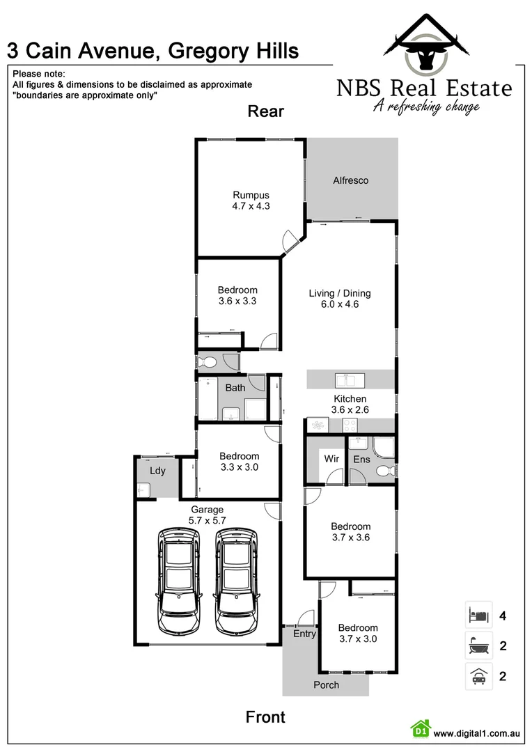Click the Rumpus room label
click(x=251, y=195)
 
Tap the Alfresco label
click(x=350, y=180)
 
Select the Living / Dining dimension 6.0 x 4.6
click(x=340, y=304)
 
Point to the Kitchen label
click(x=349, y=399)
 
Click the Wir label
click(x=331, y=459)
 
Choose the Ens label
click(x=361, y=459)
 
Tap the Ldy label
click(x=158, y=471)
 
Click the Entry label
click(x=304, y=634)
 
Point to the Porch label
click(x=326, y=684)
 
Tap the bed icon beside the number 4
click(x=478, y=615)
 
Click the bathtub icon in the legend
click(x=478, y=645)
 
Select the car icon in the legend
click(x=478, y=676)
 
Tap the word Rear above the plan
click(x=266, y=111)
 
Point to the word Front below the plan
click(x=266, y=716)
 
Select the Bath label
click(x=235, y=388)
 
